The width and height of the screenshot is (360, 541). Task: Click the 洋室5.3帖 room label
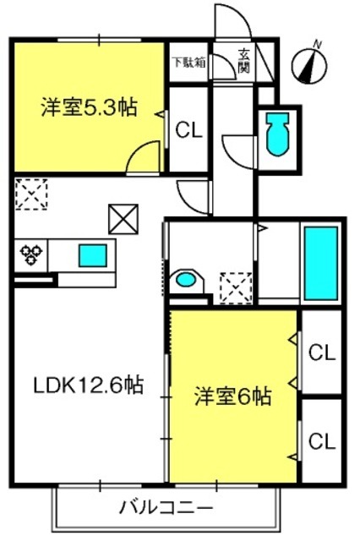pyautogui.click(x=89, y=107)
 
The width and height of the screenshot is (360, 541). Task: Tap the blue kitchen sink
pyautogui.click(x=93, y=254)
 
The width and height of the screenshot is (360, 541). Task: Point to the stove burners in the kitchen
pyautogui.click(x=31, y=254)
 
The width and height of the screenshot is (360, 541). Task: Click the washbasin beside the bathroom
pyautogui.click(x=186, y=281)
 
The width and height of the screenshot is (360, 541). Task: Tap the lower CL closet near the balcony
pyautogui.click(x=320, y=440)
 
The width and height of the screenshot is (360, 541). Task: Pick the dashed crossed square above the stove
pyautogui.click(x=31, y=195)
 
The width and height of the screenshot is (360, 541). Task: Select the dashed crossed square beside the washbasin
pyautogui.click(x=234, y=286)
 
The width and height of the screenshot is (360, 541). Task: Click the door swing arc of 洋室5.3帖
pyautogui.click(x=141, y=156)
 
